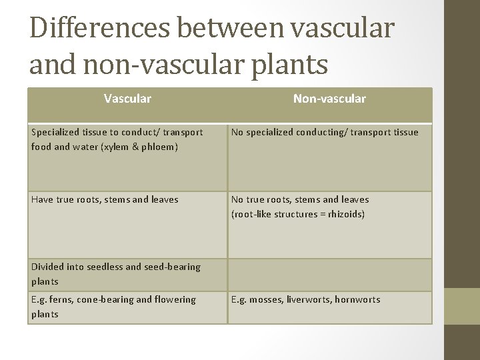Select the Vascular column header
127,99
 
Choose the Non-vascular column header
329,99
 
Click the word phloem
159,147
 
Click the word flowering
174,299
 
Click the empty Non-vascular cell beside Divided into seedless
329,274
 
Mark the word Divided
49,267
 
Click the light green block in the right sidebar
461,306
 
